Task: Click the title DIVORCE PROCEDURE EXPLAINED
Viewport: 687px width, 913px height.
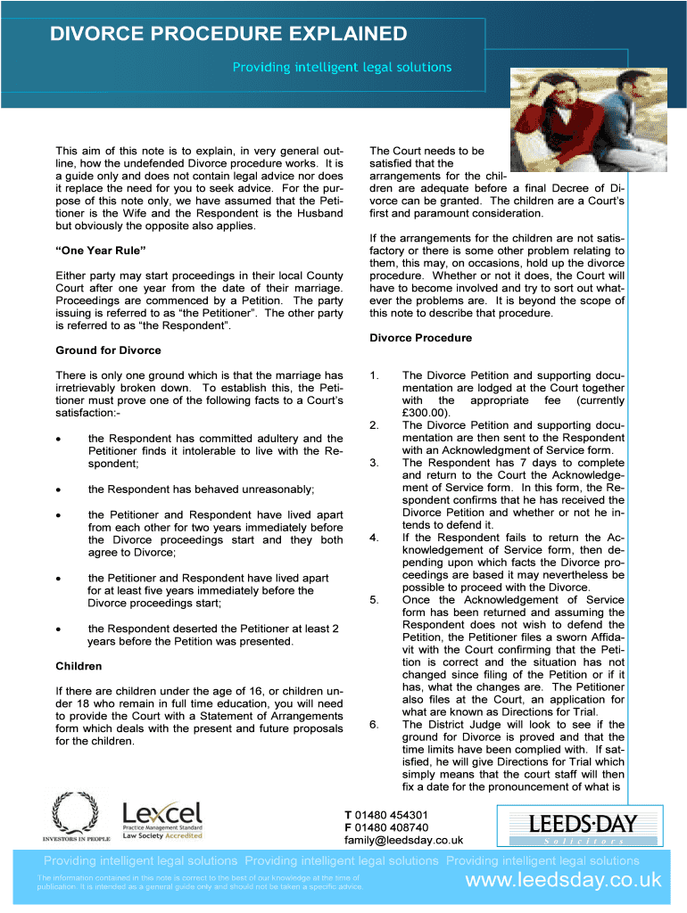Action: [228, 35]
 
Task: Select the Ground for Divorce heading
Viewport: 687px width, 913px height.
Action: [107, 350]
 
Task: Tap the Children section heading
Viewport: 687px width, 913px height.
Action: [79, 666]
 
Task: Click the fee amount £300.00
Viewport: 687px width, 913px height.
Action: [426, 413]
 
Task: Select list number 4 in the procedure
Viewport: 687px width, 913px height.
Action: [374, 538]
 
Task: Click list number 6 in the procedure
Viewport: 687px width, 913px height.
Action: [374, 725]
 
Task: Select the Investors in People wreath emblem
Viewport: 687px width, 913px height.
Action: [76, 815]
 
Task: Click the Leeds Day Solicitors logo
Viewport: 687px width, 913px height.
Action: [565, 827]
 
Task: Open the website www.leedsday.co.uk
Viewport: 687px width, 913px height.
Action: [564, 881]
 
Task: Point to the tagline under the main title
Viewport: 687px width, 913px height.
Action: [342, 68]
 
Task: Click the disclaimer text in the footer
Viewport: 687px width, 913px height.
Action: [199, 883]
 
